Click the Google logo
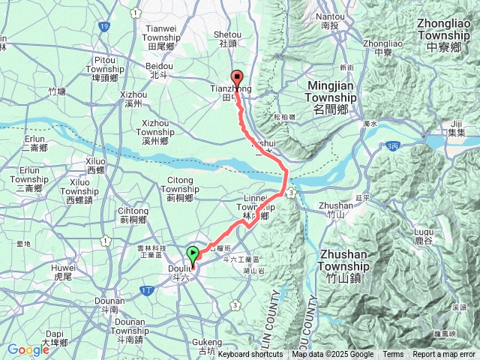pyautogui.click(x=28, y=349)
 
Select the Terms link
pyautogui.click(x=393, y=355)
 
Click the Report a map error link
pyautogui.click(x=445, y=355)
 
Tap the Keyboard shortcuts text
pyautogui.click(x=250, y=355)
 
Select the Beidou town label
pyautogui.click(x=157, y=70)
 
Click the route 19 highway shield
pyautogui.click(x=103, y=25)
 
